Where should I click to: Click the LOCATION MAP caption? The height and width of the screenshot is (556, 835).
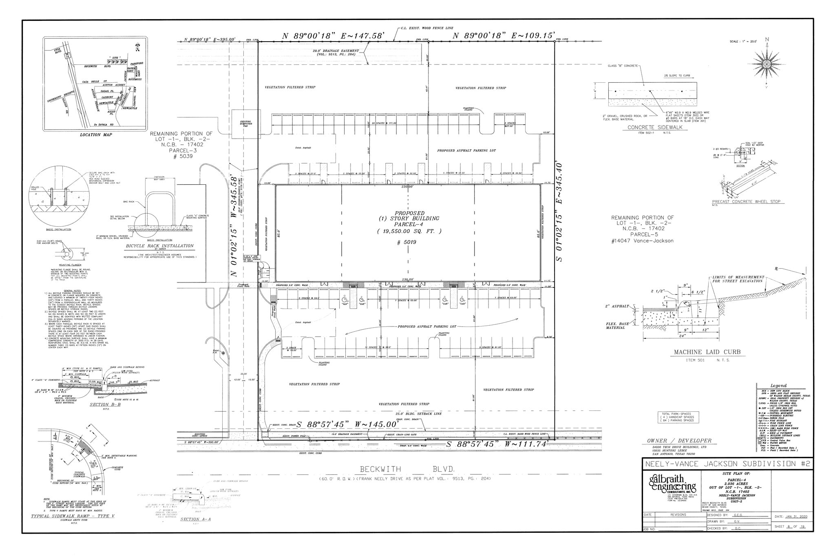click(96, 135)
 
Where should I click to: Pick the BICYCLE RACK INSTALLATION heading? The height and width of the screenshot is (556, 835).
click(160, 246)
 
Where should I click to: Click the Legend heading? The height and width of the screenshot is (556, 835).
click(778, 386)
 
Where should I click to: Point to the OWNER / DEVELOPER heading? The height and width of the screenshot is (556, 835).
click(679, 441)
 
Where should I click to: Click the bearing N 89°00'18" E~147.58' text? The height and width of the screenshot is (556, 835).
click(334, 36)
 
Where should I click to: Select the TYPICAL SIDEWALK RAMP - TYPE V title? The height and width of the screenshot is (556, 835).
click(73, 516)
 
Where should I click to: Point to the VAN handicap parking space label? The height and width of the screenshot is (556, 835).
click(345, 304)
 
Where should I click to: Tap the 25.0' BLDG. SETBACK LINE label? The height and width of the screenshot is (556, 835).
click(418, 414)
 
